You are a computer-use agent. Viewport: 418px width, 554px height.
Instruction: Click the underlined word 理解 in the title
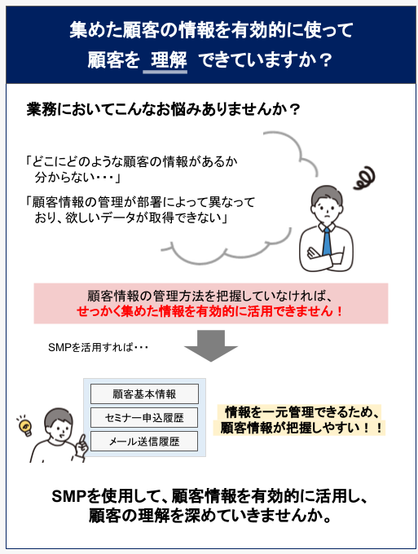click(x=169, y=59)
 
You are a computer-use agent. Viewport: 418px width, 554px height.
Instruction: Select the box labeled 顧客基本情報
click(x=144, y=394)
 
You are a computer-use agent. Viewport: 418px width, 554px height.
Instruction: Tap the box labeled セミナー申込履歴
click(x=144, y=418)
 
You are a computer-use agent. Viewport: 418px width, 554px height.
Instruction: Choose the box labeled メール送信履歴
click(x=144, y=442)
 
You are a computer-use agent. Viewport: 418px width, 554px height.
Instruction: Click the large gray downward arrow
click(x=211, y=345)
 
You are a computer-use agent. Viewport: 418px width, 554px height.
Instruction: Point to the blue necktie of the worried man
click(x=328, y=241)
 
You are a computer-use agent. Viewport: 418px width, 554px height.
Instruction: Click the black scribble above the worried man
click(x=365, y=178)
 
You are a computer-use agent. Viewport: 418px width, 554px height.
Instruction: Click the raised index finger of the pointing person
click(x=82, y=440)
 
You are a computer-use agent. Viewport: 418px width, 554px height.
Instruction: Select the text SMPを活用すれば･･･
click(x=98, y=348)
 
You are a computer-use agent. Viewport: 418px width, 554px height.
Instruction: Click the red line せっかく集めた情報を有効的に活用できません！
click(x=210, y=311)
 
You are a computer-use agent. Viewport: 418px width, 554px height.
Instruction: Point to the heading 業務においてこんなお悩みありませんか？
click(x=163, y=109)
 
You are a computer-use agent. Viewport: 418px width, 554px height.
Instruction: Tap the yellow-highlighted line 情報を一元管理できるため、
click(x=302, y=412)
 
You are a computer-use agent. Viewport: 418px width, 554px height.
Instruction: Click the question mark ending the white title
click(x=325, y=60)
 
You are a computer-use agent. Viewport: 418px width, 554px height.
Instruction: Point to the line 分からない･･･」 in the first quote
click(x=77, y=177)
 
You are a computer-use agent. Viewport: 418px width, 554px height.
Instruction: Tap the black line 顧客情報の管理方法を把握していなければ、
click(x=210, y=296)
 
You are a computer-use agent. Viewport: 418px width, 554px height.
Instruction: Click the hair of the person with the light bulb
click(x=57, y=417)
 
